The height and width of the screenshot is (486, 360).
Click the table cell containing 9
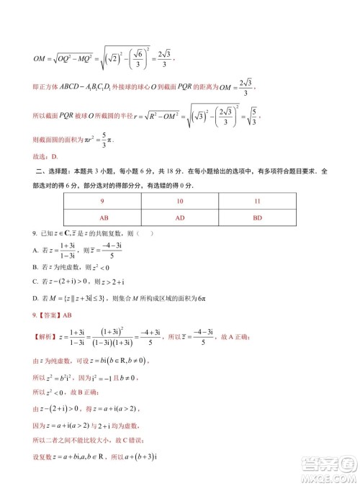[x=103, y=202]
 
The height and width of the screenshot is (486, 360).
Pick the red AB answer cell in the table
[x=103, y=216]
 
